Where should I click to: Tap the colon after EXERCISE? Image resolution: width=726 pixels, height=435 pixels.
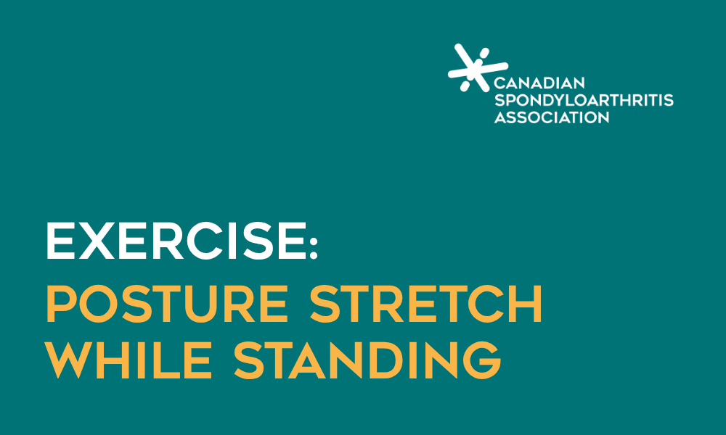coord(312,241)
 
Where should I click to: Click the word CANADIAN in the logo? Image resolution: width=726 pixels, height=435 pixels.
coord(539,83)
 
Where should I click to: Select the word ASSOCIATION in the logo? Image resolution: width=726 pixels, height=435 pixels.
coord(552,117)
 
